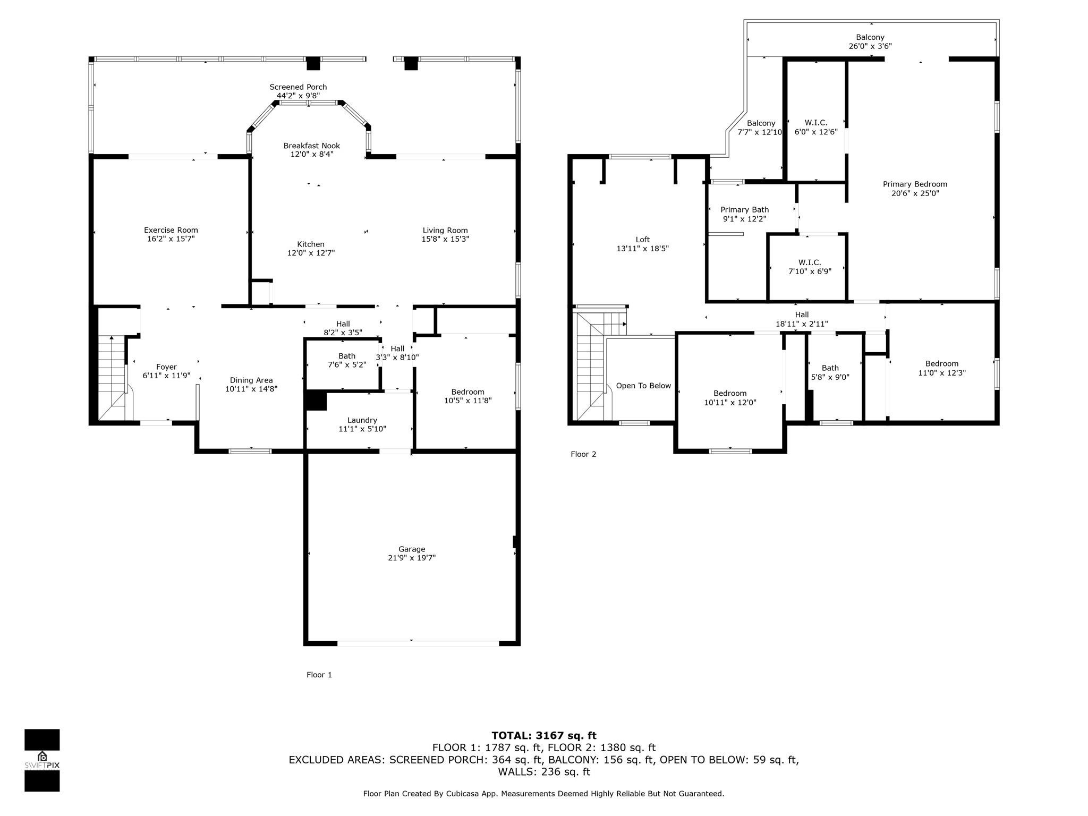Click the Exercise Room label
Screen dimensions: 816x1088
[171, 230]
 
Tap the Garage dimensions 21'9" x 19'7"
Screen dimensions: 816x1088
[412, 558]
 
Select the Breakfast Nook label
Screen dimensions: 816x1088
[311, 146]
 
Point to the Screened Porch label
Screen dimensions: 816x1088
[298, 87]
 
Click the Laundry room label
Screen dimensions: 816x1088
[362, 420]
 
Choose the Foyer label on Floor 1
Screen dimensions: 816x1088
[166, 367]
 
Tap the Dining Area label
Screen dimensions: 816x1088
[251, 380]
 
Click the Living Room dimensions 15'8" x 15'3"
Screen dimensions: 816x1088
[445, 239]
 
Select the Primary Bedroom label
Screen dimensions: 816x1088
[915, 184]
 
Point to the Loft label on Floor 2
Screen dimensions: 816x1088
[642, 240]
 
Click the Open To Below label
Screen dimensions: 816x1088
[643, 386]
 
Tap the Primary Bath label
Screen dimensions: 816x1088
[744, 210]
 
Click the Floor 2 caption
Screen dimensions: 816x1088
[583, 454]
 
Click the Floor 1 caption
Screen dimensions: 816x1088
[319, 675]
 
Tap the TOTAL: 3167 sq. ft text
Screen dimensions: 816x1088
[543, 736]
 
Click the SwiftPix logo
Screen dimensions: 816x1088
[42, 760]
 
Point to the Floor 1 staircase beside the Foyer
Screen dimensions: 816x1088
[112, 377]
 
